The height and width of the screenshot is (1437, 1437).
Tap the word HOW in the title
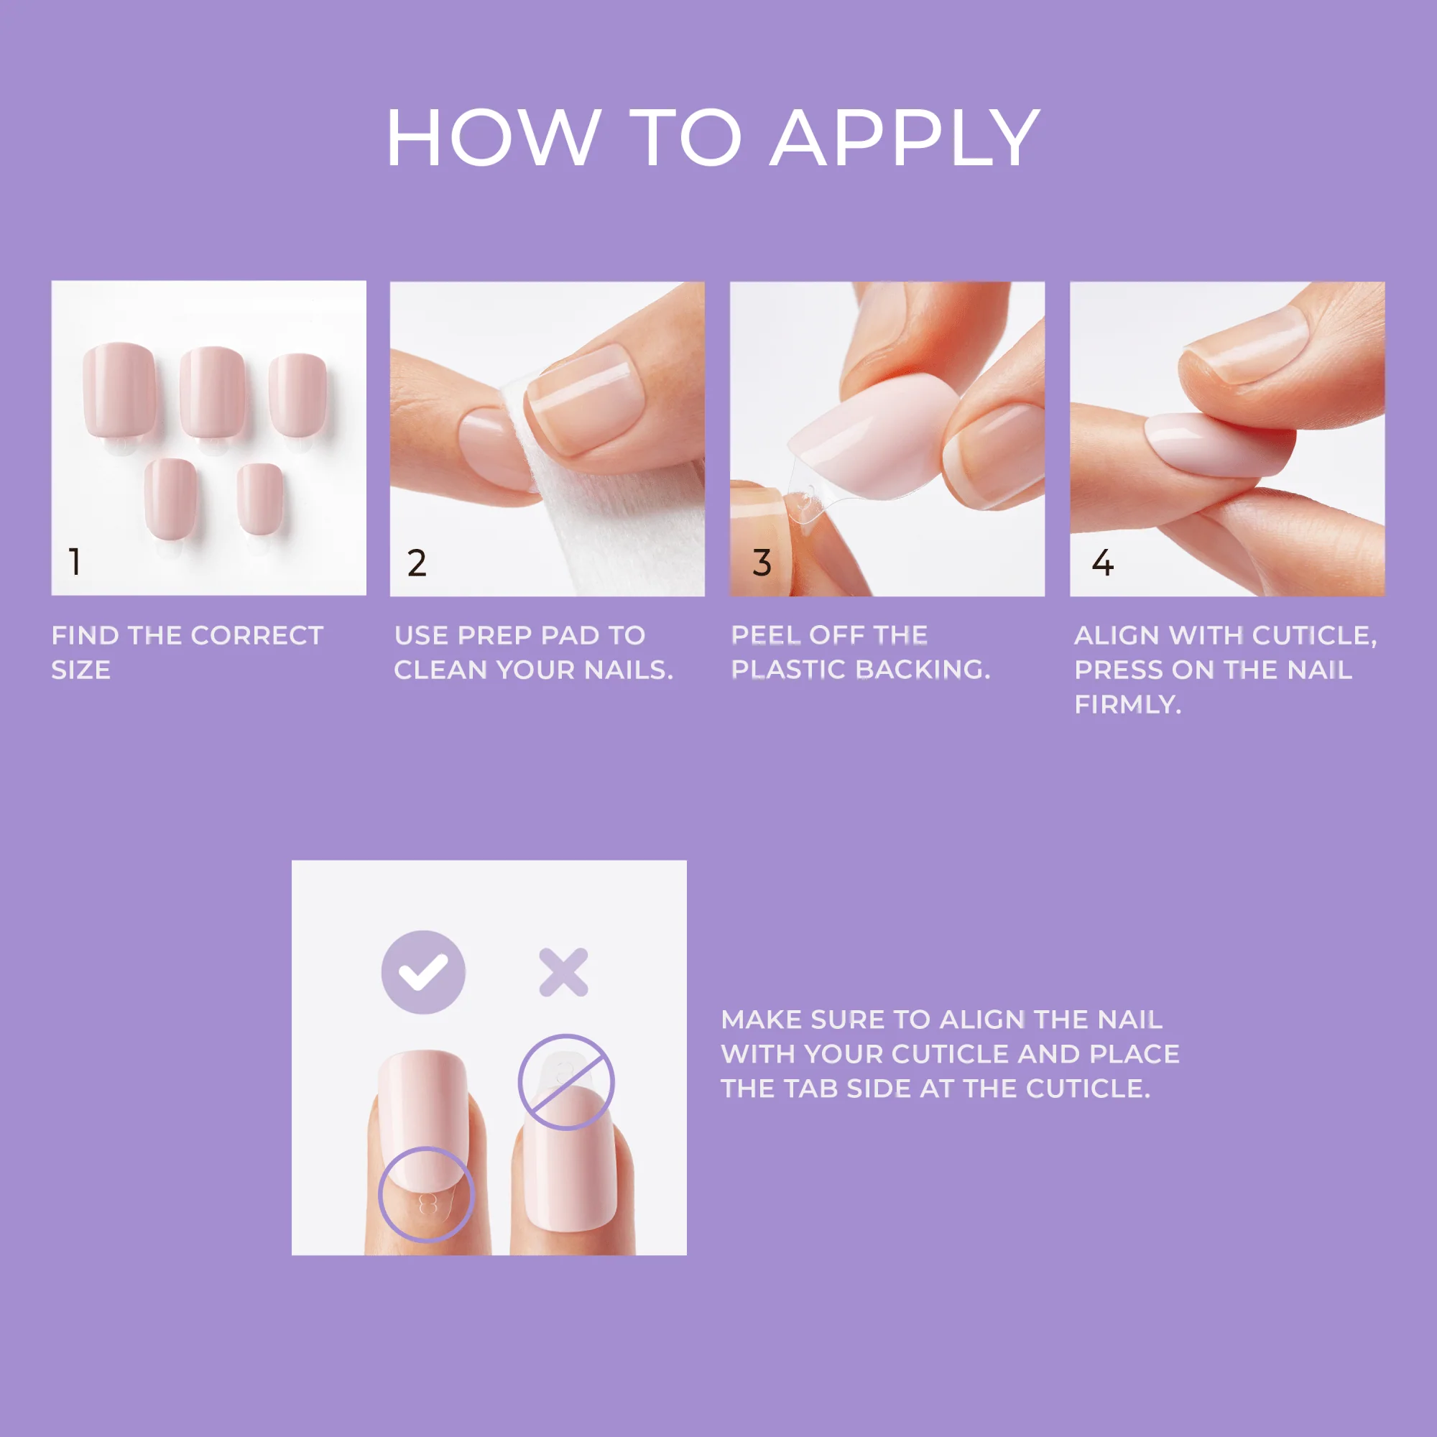click(x=493, y=139)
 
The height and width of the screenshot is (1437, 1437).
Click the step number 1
click(x=75, y=562)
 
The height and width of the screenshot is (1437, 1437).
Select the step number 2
click(x=417, y=563)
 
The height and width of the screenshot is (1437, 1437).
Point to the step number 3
click(x=762, y=563)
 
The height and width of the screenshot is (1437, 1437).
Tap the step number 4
click(x=1102, y=563)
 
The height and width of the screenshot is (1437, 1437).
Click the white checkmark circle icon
click(x=423, y=972)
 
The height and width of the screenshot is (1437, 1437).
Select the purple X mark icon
click(x=563, y=972)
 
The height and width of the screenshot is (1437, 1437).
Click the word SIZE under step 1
click(x=81, y=670)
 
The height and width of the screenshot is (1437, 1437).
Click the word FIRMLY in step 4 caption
click(x=1127, y=704)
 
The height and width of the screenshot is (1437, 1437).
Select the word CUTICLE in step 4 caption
click(x=1314, y=635)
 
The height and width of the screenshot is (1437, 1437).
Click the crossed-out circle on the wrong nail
click(x=566, y=1082)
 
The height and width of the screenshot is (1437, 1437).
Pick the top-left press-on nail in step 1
click(x=120, y=390)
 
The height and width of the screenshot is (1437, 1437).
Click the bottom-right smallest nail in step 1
click(x=259, y=497)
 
